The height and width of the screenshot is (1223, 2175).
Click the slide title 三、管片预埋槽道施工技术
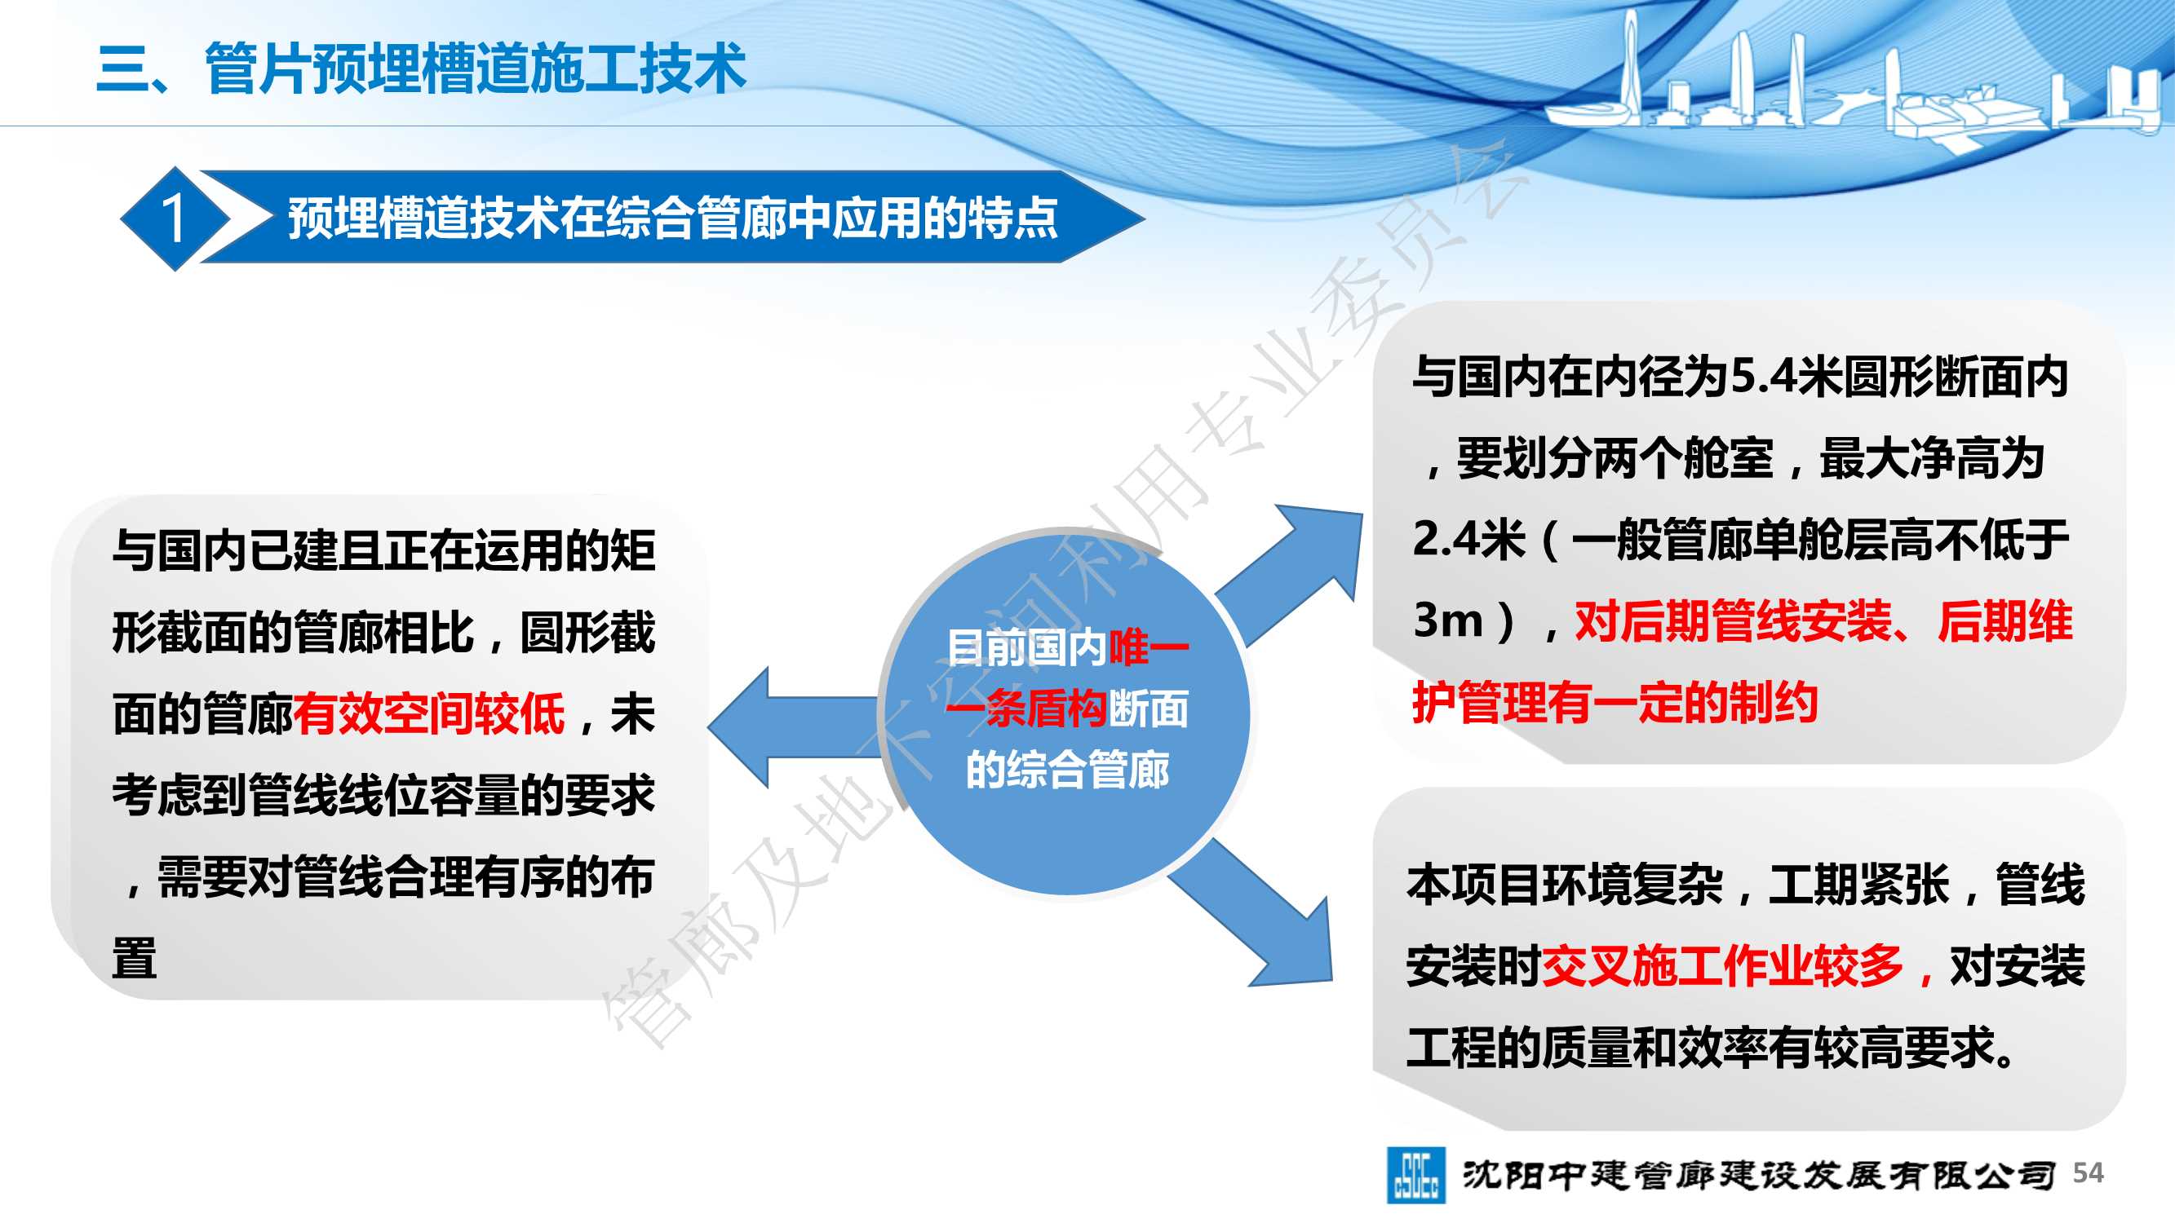click(421, 68)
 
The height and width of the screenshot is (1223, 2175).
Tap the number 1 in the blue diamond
click(174, 219)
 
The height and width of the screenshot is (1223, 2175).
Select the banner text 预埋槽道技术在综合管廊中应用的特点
click(672, 218)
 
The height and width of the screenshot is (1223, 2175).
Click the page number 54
click(2088, 1172)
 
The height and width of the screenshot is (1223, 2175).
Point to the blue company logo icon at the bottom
click(1415, 1174)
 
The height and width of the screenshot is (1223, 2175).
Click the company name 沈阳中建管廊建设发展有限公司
click(1759, 1174)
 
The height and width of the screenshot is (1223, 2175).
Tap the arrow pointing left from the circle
click(794, 727)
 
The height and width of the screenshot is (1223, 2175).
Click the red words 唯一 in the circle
click(1149, 647)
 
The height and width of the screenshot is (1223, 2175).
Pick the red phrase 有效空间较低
click(429, 713)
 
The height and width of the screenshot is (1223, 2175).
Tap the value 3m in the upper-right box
click(1449, 620)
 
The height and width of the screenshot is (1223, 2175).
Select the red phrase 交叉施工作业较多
click(1722, 965)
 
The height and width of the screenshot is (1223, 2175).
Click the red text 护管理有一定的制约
click(1615, 702)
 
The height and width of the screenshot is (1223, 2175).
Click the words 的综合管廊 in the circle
click(1067, 769)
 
